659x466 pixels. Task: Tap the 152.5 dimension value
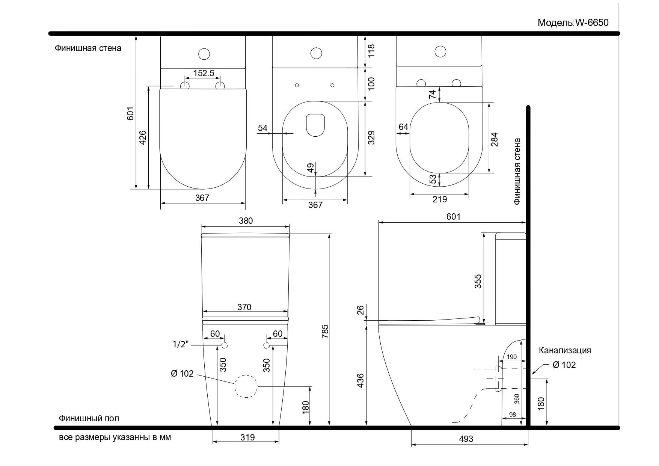click(204, 73)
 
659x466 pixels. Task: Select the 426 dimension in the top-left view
click(143, 137)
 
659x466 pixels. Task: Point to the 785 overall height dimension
click(325, 331)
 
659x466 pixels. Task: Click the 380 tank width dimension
click(246, 221)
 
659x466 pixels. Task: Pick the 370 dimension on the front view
click(244, 307)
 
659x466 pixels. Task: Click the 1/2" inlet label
click(181, 344)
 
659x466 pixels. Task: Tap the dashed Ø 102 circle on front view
click(246, 386)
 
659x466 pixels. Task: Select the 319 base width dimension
click(247, 437)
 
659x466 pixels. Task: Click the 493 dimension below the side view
click(466, 439)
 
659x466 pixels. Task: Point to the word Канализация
click(565, 350)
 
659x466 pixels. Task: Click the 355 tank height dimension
click(478, 281)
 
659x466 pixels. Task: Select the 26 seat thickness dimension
click(360, 310)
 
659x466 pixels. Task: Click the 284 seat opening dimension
click(494, 139)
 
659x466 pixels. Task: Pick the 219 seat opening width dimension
click(439, 199)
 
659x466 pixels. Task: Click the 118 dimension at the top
click(371, 51)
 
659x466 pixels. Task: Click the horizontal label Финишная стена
click(88, 48)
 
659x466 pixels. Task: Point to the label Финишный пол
click(89, 418)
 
